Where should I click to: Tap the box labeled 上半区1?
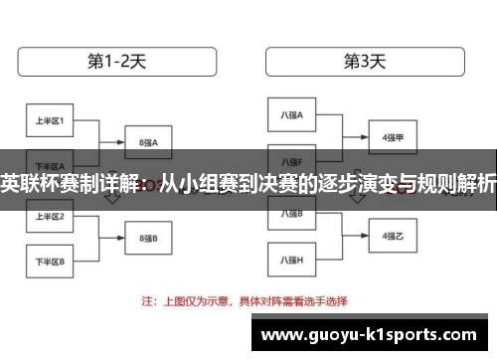49,122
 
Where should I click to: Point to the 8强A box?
150,142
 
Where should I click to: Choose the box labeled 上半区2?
49,216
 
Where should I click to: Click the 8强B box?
150,237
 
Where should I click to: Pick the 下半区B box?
49,261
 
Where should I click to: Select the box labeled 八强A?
292,116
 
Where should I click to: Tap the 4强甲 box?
393,137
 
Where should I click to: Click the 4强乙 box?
393,237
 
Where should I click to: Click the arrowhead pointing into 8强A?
121,142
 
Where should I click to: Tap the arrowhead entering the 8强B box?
121,237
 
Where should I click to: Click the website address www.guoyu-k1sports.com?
373,335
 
